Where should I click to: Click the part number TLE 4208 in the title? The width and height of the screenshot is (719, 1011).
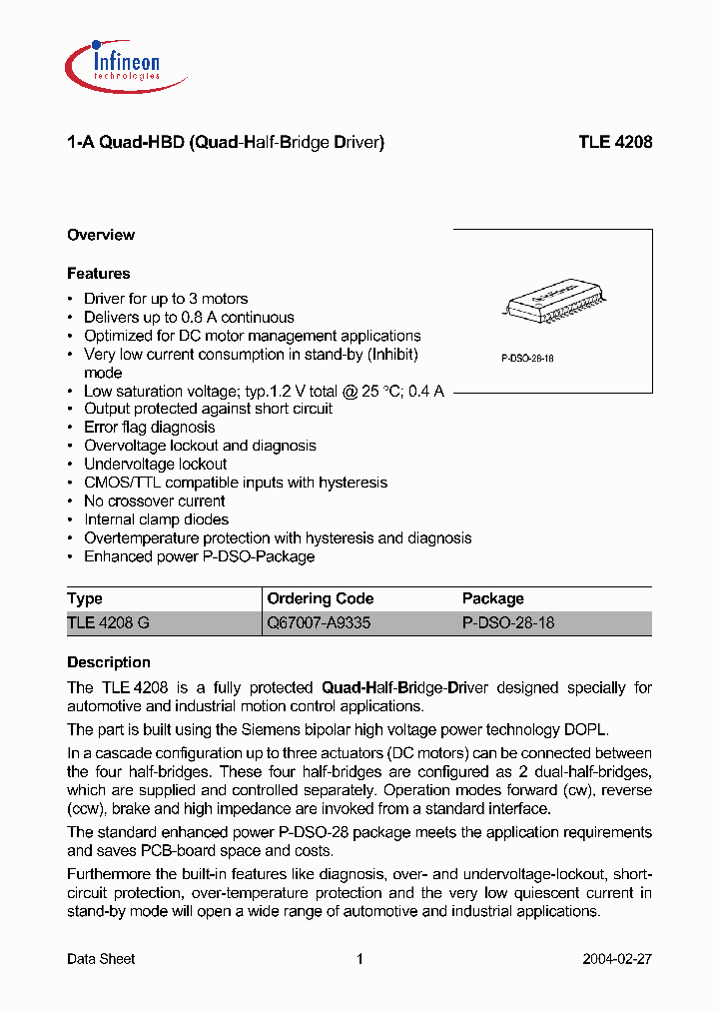pyautogui.click(x=615, y=143)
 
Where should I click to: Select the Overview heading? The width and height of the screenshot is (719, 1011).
pyautogui.click(x=101, y=235)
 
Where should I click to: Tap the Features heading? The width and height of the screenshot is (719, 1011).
pyautogui.click(x=99, y=273)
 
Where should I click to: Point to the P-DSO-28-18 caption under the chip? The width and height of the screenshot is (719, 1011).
pyautogui.click(x=527, y=358)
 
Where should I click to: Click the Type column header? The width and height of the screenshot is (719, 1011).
pyautogui.click(x=85, y=598)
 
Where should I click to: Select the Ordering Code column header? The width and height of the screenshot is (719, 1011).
pyautogui.click(x=321, y=598)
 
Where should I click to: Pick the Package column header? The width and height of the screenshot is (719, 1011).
pyautogui.click(x=493, y=598)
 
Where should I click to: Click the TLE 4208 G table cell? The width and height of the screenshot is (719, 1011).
pyautogui.click(x=109, y=622)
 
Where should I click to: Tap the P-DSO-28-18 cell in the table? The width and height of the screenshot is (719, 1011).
pyautogui.click(x=508, y=622)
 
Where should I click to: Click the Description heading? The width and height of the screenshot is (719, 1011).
pyautogui.click(x=109, y=662)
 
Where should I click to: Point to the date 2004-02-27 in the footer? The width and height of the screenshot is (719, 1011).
pyautogui.click(x=617, y=959)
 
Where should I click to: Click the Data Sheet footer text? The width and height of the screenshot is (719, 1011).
pyautogui.click(x=101, y=959)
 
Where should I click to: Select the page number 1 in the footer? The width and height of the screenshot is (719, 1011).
pyautogui.click(x=359, y=959)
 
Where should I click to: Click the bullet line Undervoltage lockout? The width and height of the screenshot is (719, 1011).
pyautogui.click(x=155, y=464)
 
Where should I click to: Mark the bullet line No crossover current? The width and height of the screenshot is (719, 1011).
pyautogui.click(x=154, y=501)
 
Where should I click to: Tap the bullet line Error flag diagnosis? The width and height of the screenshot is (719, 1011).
pyautogui.click(x=149, y=427)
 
